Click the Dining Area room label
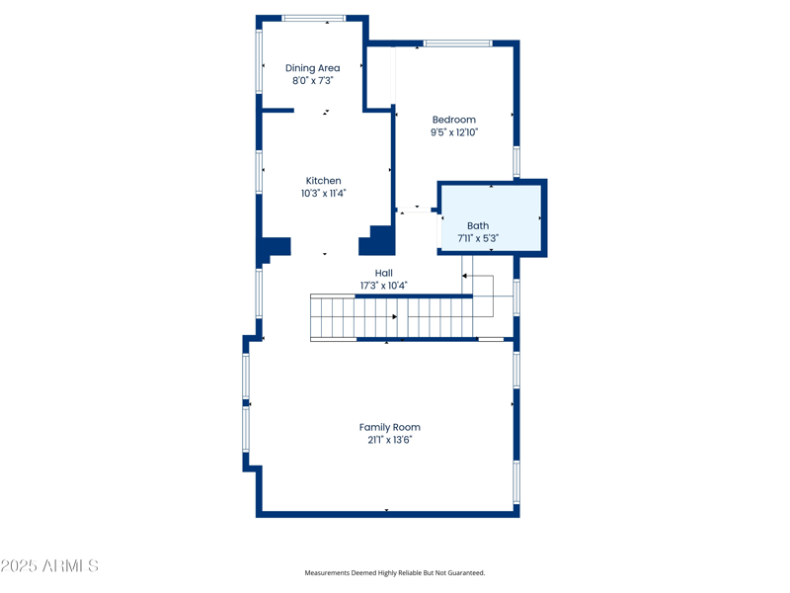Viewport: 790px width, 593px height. (312, 68)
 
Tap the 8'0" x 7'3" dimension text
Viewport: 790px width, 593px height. (312, 81)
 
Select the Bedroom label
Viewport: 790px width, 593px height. (453, 120)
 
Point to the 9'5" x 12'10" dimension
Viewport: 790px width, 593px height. (453, 132)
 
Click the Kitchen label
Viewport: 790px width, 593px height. (323, 181)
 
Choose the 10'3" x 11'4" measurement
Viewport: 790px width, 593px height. (323, 194)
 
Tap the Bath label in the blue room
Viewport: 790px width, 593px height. (478, 225)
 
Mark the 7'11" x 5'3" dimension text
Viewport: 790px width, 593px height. (478, 238)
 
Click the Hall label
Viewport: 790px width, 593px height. (383, 273)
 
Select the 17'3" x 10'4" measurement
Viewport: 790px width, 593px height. (383, 286)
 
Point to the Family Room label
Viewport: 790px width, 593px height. (389, 427)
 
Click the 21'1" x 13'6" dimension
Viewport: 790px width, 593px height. (389, 440)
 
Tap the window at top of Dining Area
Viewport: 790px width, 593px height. (314, 18)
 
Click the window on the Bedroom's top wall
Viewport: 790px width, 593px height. (458, 43)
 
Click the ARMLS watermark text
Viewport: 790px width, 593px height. (49, 566)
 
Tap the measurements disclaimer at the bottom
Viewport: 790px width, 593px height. (394, 573)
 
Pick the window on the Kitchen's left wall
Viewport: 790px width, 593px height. (260, 171)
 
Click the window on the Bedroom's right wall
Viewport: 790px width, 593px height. (516, 161)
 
